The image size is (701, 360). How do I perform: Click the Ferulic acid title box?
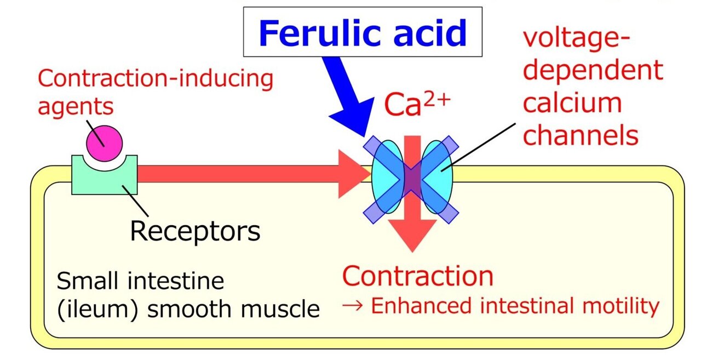click(363, 32)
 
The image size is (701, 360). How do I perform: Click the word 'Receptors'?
click(195, 231)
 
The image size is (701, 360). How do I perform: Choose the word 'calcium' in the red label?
click(572, 103)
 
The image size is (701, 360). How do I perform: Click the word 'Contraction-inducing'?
click(155, 78)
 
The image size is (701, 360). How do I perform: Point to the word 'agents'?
click(75, 105)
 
